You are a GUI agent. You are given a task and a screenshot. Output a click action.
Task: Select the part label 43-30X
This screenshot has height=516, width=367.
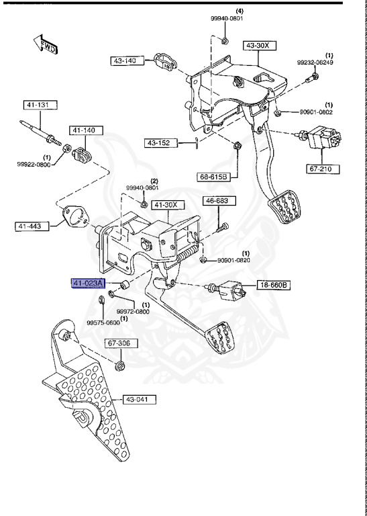click(x=258, y=46)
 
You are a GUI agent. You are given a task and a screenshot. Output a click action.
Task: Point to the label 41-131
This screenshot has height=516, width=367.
click(x=38, y=105)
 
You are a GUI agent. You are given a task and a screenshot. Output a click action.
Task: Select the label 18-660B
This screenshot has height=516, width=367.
click(x=274, y=286)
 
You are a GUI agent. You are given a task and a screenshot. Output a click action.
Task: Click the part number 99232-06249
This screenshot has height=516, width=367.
click(x=315, y=62)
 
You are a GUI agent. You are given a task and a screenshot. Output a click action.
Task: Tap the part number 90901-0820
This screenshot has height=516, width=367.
click(x=233, y=261)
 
